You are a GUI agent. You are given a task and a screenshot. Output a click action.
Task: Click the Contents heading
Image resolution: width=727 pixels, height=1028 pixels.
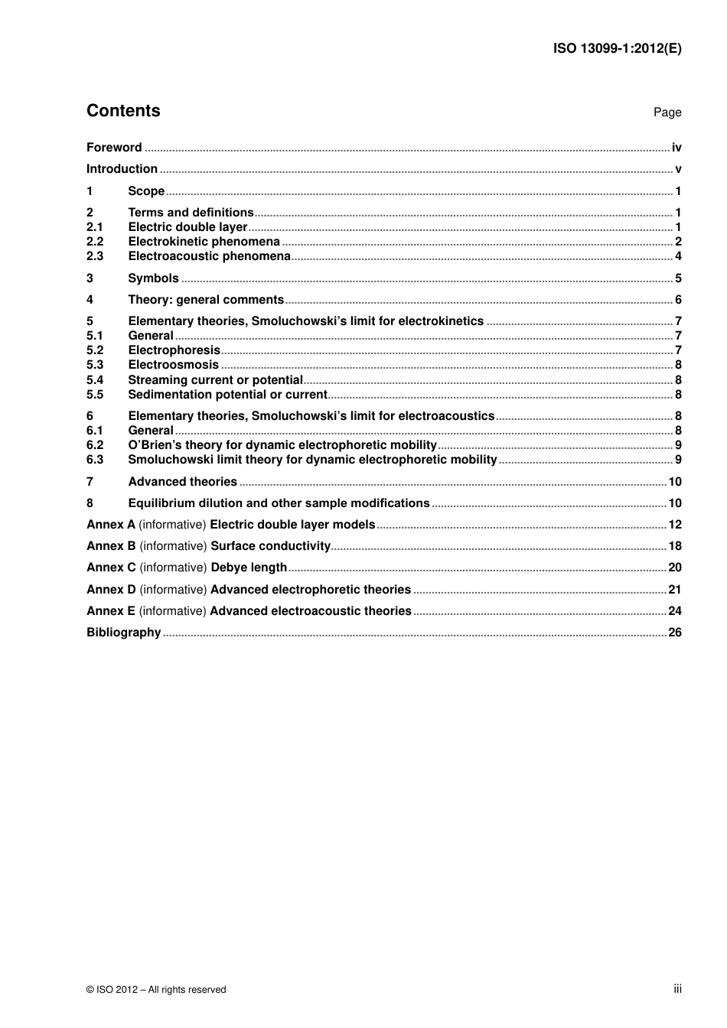point(123,111)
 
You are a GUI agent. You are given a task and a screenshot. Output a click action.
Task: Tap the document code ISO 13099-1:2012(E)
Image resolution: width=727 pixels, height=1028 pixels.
point(617,48)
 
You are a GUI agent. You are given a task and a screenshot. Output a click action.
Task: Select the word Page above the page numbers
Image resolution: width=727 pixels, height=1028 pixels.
point(667,112)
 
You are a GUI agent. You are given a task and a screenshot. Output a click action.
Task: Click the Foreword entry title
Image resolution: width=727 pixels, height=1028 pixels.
point(114,148)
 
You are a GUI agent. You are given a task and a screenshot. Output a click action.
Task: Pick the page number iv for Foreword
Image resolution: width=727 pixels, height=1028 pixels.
point(676,148)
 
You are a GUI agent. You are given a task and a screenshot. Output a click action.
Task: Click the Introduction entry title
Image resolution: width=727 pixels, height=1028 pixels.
point(122,169)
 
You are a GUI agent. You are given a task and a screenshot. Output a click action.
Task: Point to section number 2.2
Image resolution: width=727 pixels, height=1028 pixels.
point(95,242)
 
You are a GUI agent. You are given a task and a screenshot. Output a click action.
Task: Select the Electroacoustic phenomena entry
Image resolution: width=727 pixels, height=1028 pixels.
point(209,256)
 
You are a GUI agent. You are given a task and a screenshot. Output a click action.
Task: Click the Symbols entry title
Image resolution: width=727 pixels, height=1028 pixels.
point(153,278)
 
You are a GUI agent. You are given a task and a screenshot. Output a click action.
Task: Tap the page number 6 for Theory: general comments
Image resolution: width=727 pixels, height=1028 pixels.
point(678,300)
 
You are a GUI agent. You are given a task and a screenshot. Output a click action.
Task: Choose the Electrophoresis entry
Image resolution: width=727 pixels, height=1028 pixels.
point(174,350)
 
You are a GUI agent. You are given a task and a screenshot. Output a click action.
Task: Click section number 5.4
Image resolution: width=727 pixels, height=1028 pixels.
point(95,380)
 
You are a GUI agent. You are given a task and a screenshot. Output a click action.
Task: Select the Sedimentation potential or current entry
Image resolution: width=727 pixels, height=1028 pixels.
point(227,395)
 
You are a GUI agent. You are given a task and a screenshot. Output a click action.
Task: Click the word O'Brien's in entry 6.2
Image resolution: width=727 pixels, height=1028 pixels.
point(152,445)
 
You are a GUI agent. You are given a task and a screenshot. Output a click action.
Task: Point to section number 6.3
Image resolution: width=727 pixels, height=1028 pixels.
point(95,460)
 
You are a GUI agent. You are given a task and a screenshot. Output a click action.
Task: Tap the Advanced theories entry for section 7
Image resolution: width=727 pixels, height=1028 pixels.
point(182,482)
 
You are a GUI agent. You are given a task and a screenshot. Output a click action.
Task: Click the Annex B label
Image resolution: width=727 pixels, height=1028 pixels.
point(111,546)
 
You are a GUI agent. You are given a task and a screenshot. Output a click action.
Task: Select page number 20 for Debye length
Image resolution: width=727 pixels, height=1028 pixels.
point(674,568)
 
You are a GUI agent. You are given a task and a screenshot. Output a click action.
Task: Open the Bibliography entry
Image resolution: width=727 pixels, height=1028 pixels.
point(123,633)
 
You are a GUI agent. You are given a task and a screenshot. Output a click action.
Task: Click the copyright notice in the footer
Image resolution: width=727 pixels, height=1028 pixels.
point(156,989)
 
